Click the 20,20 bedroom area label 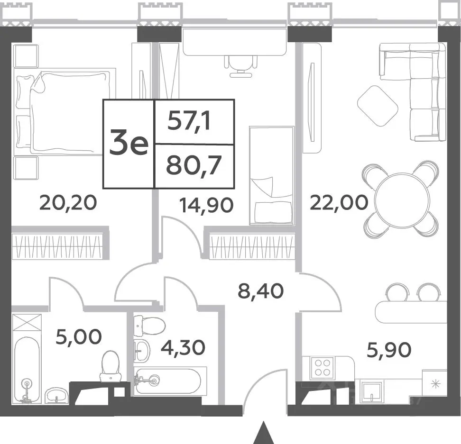[68, 203]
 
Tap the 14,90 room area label [207, 205]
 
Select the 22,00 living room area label [339, 203]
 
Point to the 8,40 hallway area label [261, 291]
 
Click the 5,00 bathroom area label [79, 337]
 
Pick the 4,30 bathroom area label [183, 347]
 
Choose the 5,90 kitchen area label [389, 350]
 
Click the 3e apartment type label [129, 144]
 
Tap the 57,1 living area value [190, 122]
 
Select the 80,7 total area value [194, 166]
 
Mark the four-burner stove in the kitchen [323, 367]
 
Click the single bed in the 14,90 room [272, 175]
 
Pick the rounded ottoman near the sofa [378, 106]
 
